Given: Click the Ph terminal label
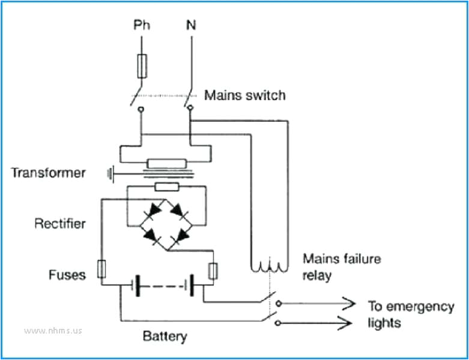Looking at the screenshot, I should [142, 26].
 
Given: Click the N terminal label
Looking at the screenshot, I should [190, 26].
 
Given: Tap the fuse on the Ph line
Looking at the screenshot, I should [142, 65].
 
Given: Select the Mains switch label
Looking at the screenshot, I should [245, 95].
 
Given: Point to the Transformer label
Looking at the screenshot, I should [48, 173].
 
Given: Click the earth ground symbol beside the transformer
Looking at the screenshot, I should [110, 173].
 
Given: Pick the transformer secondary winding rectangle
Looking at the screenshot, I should [165, 187].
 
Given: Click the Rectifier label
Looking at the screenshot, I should [60, 224].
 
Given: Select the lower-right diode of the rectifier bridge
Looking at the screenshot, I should [177, 239].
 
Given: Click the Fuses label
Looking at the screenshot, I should [67, 275].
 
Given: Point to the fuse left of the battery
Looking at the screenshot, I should [101, 269].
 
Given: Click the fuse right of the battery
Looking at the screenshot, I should [212, 272].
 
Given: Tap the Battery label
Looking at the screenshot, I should [165, 336].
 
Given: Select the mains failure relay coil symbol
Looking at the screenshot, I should [270, 265].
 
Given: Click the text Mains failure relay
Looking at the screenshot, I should [341, 268].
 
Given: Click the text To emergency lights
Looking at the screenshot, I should [410, 314].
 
